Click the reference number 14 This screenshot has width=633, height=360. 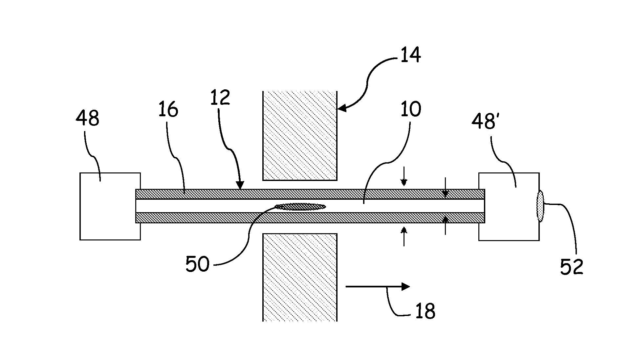(410, 55)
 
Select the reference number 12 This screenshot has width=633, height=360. (220, 98)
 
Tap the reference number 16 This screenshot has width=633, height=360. (168, 109)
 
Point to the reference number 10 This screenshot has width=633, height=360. (411, 109)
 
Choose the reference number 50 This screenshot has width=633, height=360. (197, 264)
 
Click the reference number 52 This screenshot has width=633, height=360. (572, 266)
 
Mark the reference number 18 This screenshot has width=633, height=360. (425, 311)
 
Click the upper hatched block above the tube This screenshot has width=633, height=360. (300, 136)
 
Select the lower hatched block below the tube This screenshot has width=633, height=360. (300, 277)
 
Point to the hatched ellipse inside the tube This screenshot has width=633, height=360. (300, 207)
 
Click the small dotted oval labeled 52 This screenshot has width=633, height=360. (540, 207)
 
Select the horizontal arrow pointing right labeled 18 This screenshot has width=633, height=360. (378, 286)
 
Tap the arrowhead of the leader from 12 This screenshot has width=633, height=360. (241, 187)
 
